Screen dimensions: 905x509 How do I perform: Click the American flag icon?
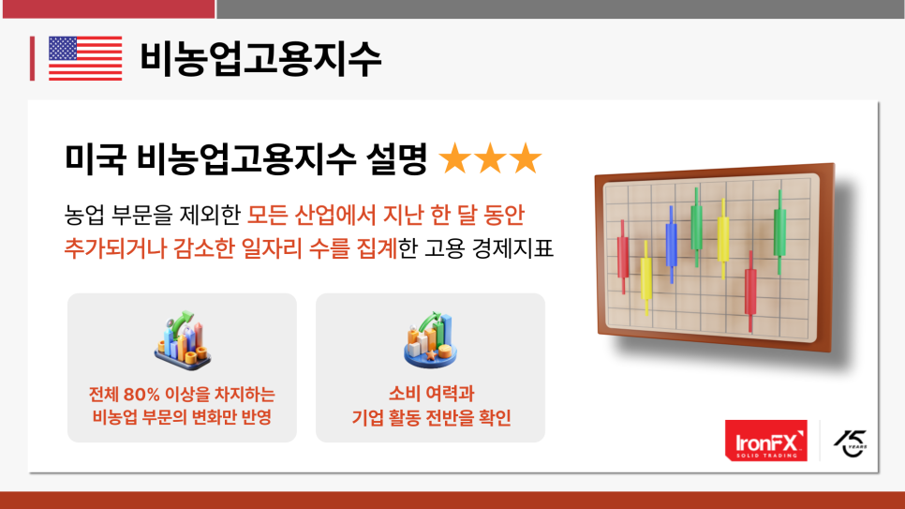pos(85,58)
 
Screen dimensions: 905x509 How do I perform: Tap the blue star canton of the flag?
pos(63,49)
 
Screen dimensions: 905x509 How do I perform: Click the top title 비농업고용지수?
pos(260,59)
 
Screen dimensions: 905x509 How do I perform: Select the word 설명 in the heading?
pos(396,158)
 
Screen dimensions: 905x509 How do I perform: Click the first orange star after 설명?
pos(454,158)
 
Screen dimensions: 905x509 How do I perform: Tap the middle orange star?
pos(490,158)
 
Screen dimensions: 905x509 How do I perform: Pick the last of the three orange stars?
pos(526,158)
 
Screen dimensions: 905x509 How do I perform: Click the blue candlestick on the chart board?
pos(671,245)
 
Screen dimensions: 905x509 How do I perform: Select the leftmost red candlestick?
pos(623,257)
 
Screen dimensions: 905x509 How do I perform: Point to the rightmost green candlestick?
pos(779,232)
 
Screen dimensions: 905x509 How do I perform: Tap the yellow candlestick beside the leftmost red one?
pos(645,278)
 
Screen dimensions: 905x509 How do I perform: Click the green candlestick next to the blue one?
pos(697,227)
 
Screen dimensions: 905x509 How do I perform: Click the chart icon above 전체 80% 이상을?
pos(183,340)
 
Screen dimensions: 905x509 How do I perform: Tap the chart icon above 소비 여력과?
pos(431,340)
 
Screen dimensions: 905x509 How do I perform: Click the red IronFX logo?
pos(766,441)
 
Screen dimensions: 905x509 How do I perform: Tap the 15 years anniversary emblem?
pos(850,443)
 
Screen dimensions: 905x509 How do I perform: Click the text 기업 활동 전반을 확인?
pos(431,417)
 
